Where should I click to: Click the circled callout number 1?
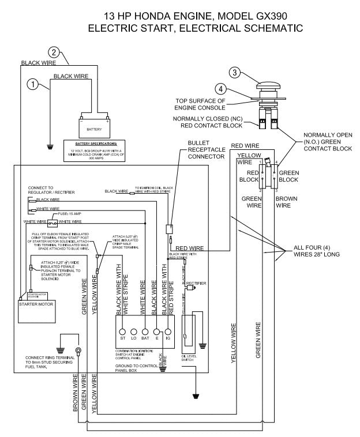coord(34,84)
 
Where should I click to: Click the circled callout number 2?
coord(54,52)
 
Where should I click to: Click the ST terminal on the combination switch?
coord(122,331)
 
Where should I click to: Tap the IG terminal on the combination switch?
coord(168,331)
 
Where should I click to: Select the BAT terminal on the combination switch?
coord(145,331)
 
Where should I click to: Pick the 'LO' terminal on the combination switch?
coord(134,331)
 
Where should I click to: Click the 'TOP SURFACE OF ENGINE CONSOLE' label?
coord(208,104)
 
